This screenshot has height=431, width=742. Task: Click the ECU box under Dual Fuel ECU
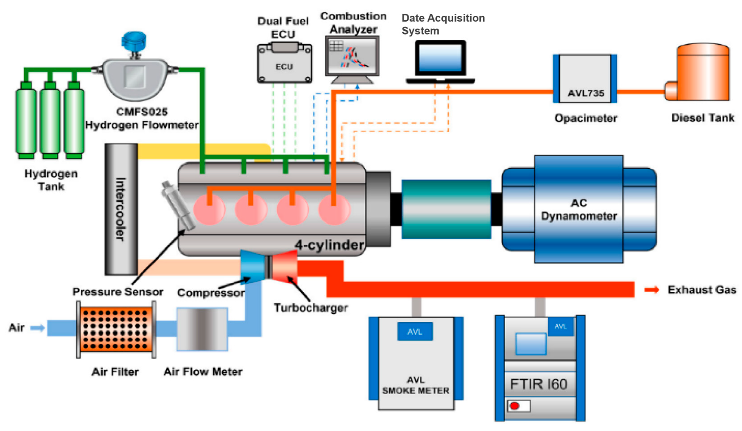[x=284, y=66]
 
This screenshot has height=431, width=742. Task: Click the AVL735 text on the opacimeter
[x=586, y=93]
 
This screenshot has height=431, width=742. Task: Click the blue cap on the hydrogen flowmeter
[x=134, y=41]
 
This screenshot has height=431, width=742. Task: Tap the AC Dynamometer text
[x=579, y=209]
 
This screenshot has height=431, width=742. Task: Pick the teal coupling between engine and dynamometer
[x=446, y=209]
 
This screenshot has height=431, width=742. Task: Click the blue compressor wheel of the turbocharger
[x=252, y=267]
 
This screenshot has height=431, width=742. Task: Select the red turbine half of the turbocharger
[x=284, y=267]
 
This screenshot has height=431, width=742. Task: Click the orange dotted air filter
[x=116, y=329]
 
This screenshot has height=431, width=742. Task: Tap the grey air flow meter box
[x=202, y=329]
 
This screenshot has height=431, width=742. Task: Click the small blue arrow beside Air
[x=37, y=328]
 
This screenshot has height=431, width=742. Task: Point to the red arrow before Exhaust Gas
[x=651, y=290]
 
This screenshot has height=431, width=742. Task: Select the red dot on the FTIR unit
[x=514, y=406]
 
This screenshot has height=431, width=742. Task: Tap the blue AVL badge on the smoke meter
[x=415, y=332]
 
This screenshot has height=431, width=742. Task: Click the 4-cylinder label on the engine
[x=329, y=245]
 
